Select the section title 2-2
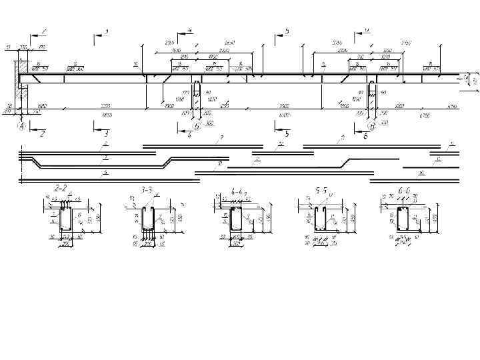point(61,189)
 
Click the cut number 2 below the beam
point(42,134)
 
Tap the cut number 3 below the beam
point(106,134)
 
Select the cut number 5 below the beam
point(287,134)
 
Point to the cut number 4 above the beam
point(190,31)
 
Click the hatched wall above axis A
point(23,67)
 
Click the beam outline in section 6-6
point(402,220)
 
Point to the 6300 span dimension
point(284,115)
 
